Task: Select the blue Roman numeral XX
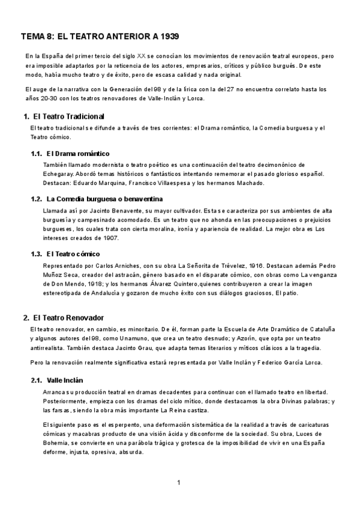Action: [x=141, y=55]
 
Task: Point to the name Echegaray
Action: [x=60, y=173]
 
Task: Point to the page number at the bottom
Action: [x=179, y=483]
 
